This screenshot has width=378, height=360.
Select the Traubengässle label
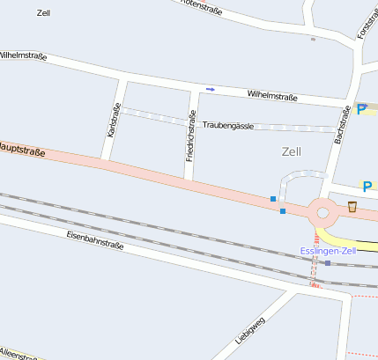click(x=228, y=126)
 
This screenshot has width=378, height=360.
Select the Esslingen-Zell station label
click(x=328, y=251)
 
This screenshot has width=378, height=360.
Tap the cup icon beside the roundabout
click(x=352, y=208)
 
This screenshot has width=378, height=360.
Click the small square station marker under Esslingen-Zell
click(x=328, y=262)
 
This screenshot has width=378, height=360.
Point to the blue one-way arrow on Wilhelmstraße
click(x=210, y=89)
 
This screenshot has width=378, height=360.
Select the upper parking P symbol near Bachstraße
click(x=360, y=110)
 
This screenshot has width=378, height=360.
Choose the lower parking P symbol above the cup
click(x=367, y=187)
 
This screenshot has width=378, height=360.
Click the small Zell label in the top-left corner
click(x=44, y=13)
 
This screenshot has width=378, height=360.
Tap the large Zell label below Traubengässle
click(x=291, y=151)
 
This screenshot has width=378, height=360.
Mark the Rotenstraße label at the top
click(x=199, y=6)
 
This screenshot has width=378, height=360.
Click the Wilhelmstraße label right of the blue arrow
click(x=272, y=95)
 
